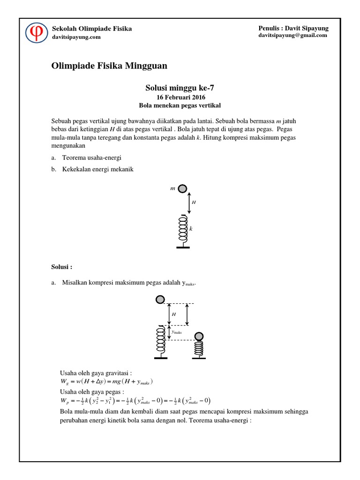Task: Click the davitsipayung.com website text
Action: pos(76,37)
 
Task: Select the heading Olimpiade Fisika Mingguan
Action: pos(109,66)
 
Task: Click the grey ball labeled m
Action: pos(183,189)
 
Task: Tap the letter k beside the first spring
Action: pos(191,229)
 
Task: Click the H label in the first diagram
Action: pos(194,202)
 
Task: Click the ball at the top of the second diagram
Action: pos(160,299)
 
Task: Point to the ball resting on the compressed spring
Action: pos(199,336)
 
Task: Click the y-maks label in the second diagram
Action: pos(177,332)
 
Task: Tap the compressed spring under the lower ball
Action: pos(199,347)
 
